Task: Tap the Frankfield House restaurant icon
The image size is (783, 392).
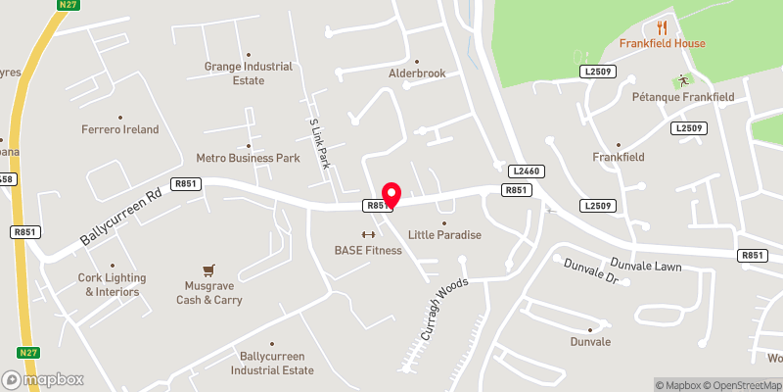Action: [663, 27]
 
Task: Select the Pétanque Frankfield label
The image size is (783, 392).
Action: [682, 97]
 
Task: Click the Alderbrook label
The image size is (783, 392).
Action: [416, 73]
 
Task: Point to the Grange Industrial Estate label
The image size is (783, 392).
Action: [248, 73]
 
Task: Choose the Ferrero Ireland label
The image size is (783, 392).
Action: [119, 129]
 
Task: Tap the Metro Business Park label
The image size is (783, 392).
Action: [248, 157]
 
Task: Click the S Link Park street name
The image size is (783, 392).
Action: [319, 144]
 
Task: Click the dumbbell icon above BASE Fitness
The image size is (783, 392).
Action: [368, 234]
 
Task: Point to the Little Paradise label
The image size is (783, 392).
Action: [444, 235]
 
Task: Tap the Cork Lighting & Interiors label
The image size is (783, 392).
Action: [109, 284]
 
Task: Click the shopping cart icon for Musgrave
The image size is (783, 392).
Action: [208, 269]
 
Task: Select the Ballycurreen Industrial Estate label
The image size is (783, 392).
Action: [272, 364]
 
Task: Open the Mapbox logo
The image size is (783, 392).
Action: [42, 379]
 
